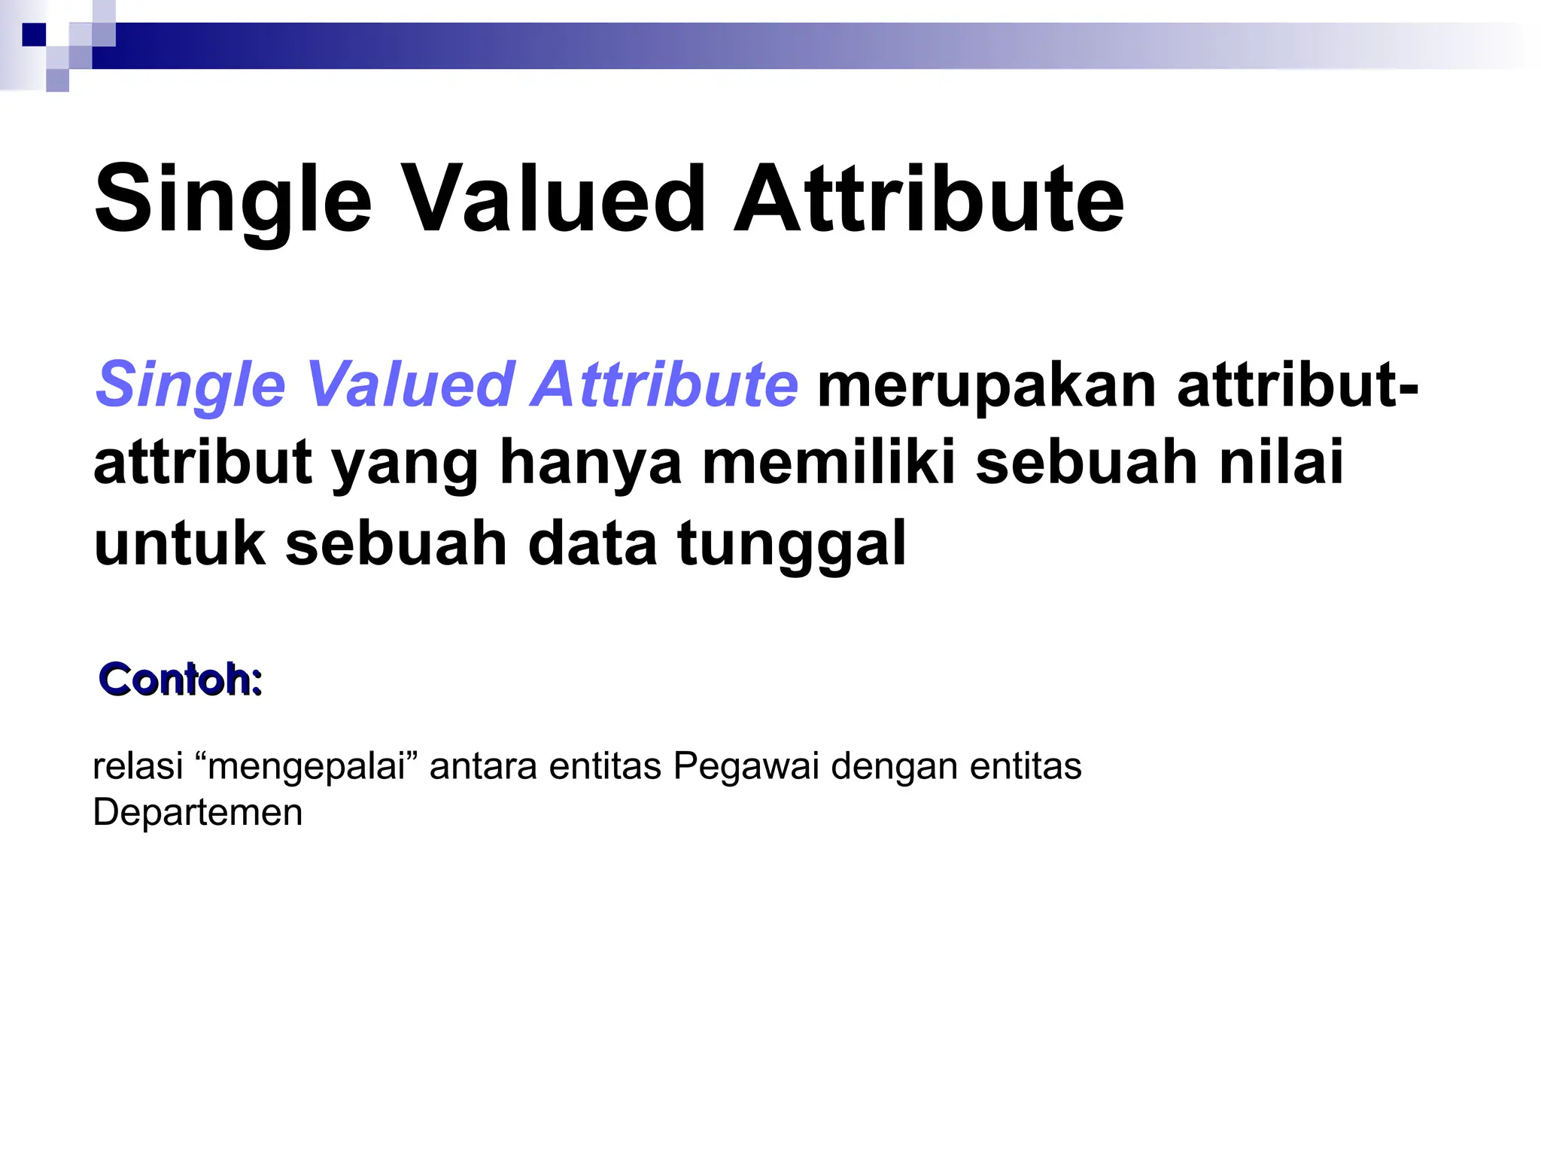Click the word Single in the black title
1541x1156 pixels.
click(x=233, y=199)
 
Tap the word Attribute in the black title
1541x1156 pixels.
click(x=929, y=199)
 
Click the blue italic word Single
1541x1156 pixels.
click(x=190, y=385)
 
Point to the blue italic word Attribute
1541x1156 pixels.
click(x=664, y=385)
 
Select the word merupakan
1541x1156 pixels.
click(x=986, y=385)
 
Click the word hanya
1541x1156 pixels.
click(x=591, y=463)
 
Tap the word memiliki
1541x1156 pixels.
click(x=828, y=463)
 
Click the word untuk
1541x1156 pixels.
click(x=179, y=543)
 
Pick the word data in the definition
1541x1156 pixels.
click(x=592, y=543)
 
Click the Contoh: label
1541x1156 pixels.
click(x=181, y=680)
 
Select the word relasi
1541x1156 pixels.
click(x=138, y=766)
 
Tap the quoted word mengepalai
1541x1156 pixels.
click(x=306, y=768)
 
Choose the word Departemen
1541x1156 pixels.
click(x=198, y=813)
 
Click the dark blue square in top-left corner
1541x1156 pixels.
click(x=34, y=35)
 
